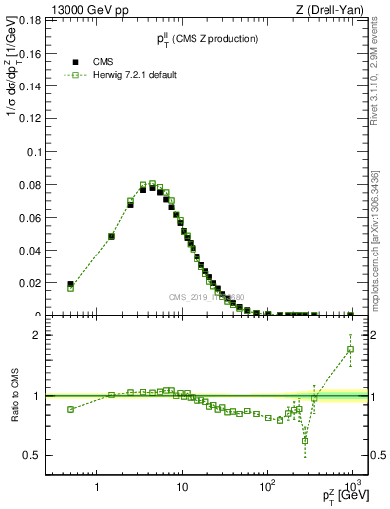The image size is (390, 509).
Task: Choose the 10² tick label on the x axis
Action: pos(267,488)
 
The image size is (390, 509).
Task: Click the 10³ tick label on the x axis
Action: pos(352,488)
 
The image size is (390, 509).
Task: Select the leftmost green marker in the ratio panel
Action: pos(70,409)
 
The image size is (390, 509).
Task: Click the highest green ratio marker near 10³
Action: pos(351,349)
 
